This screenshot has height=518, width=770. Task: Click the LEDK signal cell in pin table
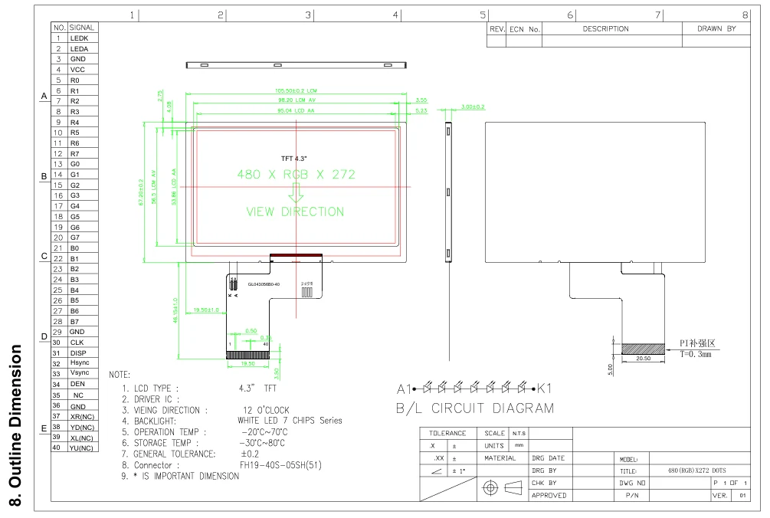pos(80,38)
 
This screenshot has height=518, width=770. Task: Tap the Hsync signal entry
pos(80,362)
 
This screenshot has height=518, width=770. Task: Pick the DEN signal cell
pos(78,384)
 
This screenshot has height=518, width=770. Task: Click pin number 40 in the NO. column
pos(57,448)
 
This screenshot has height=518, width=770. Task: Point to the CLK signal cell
pos(77,342)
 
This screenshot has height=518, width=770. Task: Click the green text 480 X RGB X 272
pos(297,175)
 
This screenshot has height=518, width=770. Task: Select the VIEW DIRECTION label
pos(295,211)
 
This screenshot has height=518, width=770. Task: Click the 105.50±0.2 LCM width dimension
pos(296,90)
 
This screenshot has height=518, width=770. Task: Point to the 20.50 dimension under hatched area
pos(643,359)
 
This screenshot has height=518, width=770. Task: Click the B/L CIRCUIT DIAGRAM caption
pos(474,408)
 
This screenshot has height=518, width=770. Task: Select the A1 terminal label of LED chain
pos(404,387)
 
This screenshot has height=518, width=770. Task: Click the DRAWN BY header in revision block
pos(716,29)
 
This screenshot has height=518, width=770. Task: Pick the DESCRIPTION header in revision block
pos(605,29)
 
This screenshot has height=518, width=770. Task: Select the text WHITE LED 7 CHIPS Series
pos(290,421)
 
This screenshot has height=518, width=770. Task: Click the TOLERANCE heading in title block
pos(447,434)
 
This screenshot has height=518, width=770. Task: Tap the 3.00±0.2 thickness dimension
pos(473,107)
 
